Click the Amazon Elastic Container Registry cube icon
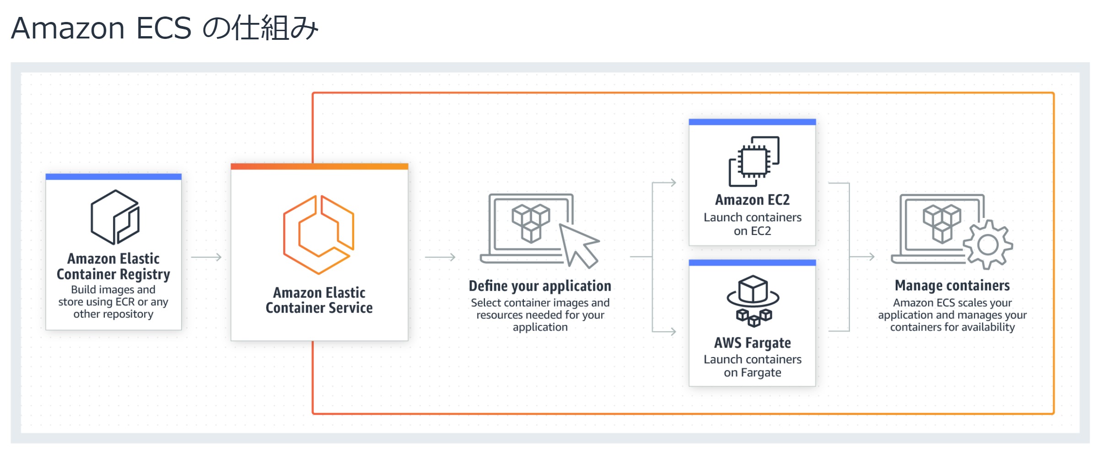115,217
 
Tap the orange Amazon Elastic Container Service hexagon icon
318,234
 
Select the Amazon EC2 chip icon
754,161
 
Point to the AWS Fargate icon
753,301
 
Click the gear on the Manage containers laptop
988,244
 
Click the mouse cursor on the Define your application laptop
579,245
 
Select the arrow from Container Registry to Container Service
206,257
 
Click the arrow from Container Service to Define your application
440,257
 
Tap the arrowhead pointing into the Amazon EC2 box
673,183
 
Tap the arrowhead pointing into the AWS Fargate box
673,331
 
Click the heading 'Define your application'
540,286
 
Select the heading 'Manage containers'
952,285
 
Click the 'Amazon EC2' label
753,200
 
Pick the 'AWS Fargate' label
753,342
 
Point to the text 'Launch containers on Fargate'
753,366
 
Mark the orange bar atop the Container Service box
319,166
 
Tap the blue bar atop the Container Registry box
113,177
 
